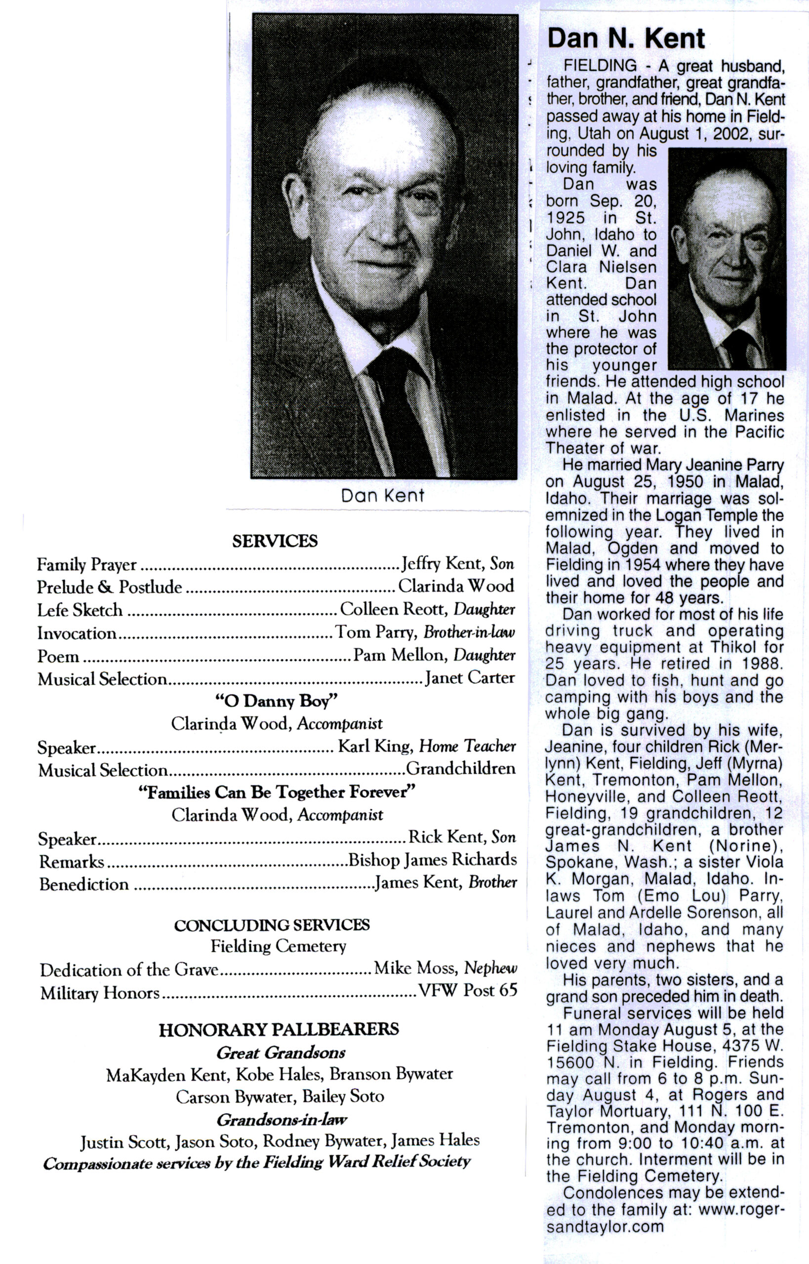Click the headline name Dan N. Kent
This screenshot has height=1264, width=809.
coord(626,39)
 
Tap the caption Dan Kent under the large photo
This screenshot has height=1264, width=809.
coord(382,495)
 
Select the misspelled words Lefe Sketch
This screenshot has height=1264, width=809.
coord(80,610)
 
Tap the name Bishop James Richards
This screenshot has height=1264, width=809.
coord(432,860)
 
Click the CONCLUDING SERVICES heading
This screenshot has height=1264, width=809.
coord(272,925)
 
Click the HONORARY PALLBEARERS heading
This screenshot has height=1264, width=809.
coord(279,1029)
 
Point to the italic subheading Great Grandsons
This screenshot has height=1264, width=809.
coord(281,1052)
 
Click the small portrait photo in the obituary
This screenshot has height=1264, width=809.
coord(727,258)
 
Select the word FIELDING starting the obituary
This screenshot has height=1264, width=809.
coord(600,66)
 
